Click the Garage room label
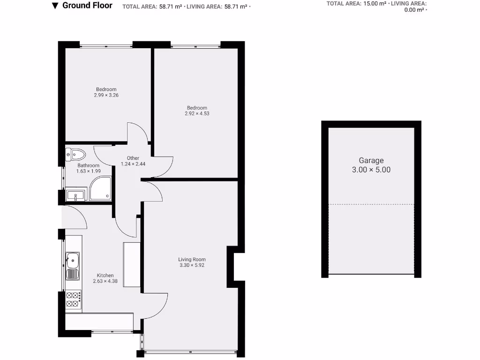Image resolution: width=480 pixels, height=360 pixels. pos(371,160)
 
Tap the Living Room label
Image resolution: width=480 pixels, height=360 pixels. pos(192,259)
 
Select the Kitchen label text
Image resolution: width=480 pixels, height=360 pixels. pos(105,275)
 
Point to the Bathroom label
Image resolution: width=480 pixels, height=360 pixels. pos(88,165)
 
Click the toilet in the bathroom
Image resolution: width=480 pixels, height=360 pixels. pos(76,154)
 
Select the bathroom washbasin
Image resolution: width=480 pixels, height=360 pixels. pos(75,195)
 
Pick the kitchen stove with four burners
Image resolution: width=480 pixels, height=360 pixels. pos(73,300)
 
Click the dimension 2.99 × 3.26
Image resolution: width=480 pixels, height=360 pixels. pos(106,95)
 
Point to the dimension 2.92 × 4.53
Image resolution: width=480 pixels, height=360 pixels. pos(197,113)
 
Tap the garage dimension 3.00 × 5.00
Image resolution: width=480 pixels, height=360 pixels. pos(371,170)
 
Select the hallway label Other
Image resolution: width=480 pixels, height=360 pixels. pos(133,158)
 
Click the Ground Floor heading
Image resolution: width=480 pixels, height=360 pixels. pos(87,6)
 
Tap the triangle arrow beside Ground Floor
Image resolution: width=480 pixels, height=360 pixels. pos(55,6)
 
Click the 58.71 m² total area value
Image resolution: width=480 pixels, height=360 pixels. pos(171,7)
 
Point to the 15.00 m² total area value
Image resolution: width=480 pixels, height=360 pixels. pos(375,3)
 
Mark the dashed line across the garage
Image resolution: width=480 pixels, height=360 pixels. pos(371,204)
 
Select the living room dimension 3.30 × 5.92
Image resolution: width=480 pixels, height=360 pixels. pos(192,265)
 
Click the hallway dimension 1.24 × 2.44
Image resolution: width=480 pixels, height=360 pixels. pos(133,164)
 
